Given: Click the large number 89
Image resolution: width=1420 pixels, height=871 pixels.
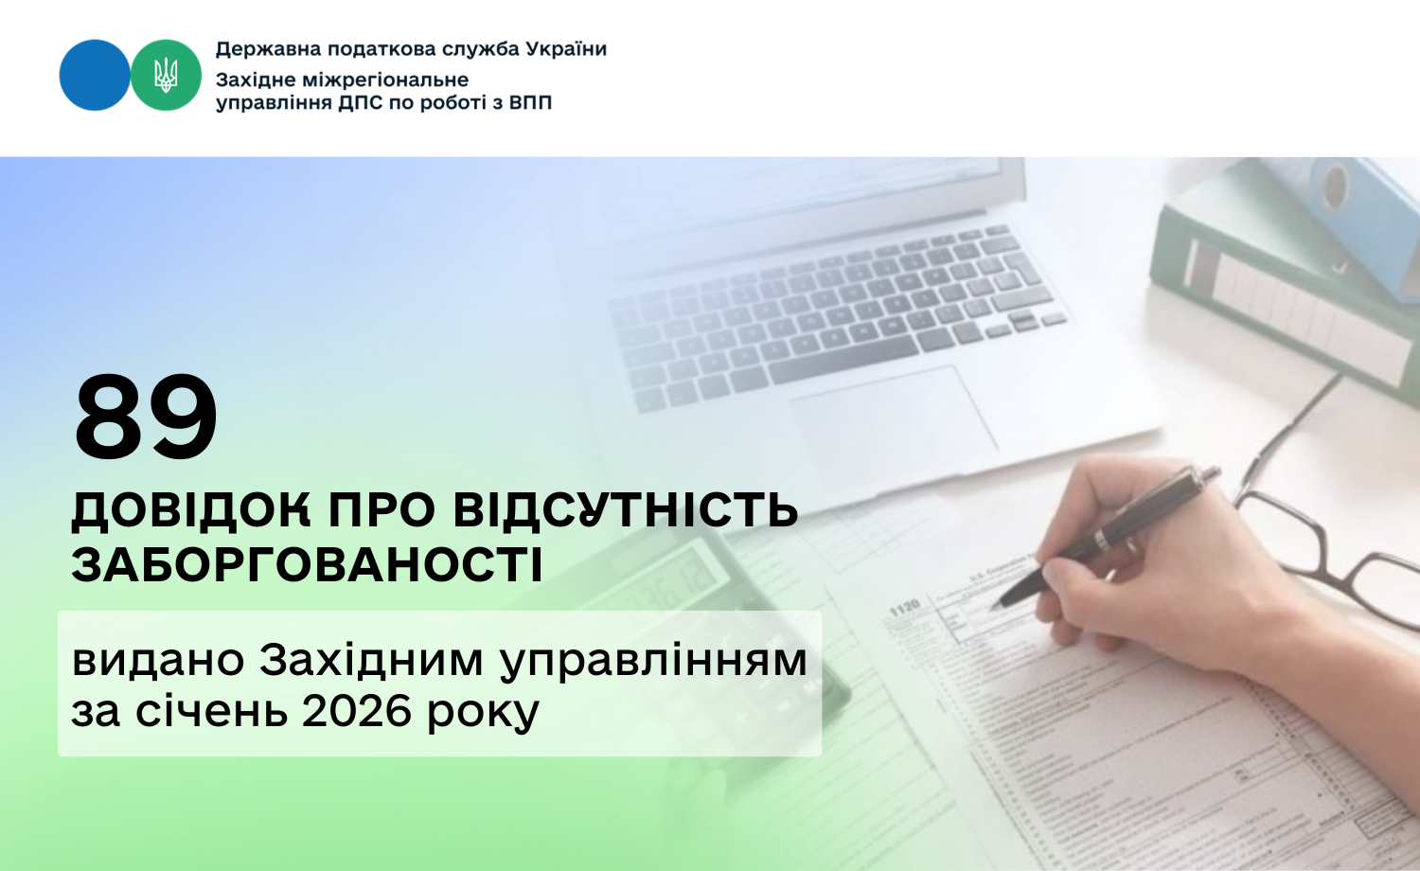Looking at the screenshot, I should point(146,418).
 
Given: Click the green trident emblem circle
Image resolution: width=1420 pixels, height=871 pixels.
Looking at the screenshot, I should point(166,75).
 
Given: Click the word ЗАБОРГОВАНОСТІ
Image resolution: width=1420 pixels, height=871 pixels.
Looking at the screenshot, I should point(308,565).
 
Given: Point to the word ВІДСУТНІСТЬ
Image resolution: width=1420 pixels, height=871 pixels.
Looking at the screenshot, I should point(626,510).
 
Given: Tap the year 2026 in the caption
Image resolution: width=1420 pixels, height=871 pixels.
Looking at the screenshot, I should point(358,711).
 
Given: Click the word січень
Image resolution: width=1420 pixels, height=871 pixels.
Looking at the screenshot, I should point(211,711).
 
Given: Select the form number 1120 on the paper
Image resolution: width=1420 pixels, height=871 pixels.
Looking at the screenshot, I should point(904,607).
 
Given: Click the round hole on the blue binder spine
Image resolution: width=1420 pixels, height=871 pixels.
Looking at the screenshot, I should point(1336,185).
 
